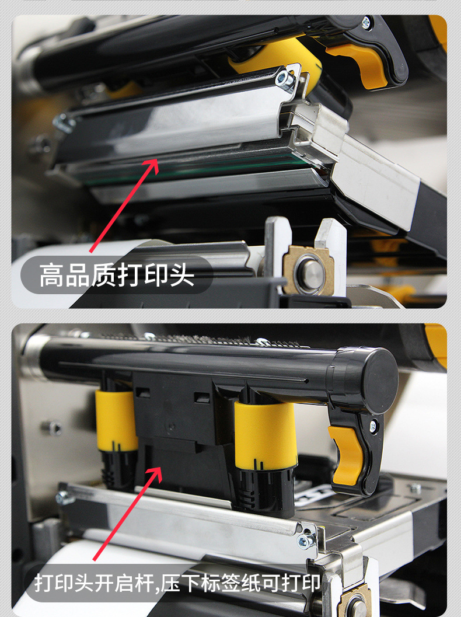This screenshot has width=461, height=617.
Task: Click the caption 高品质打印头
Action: click(x=117, y=275)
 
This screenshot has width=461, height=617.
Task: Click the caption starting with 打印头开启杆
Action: click(x=177, y=583)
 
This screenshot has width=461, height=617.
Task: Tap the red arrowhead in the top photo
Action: click(x=151, y=166)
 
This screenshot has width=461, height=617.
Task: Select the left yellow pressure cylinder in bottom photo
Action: click(x=116, y=420)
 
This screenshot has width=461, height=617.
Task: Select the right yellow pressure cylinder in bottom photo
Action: click(x=266, y=434)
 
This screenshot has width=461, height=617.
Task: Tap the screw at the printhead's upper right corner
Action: click(x=284, y=79)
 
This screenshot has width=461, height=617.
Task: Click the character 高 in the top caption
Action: click(x=51, y=275)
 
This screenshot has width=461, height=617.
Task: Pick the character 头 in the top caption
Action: click(x=181, y=275)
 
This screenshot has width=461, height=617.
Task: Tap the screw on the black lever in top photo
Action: click(x=366, y=22)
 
